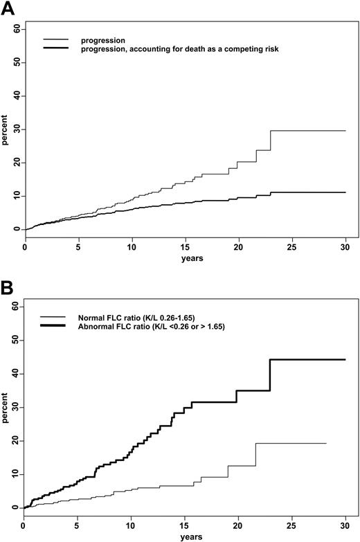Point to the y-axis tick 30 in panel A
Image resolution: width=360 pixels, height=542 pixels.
pos(15,129)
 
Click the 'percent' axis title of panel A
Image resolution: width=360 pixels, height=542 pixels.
pos(6,129)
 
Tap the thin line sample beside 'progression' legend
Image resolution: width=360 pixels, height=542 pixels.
pos(52,41)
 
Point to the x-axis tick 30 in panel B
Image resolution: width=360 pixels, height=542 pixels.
pos(345,524)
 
